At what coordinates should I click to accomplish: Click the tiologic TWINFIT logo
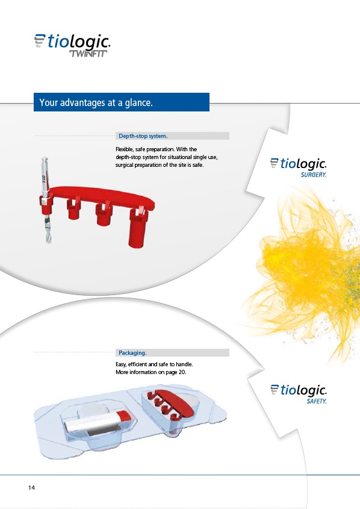(72, 45)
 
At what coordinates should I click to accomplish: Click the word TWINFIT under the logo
(88, 54)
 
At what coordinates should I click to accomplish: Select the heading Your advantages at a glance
(96, 102)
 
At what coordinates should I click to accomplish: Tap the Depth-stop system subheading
(143, 136)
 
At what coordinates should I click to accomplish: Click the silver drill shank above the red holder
(45, 175)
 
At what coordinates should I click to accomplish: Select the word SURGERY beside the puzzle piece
(313, 175)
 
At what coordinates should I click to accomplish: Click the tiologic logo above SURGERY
(299, 164)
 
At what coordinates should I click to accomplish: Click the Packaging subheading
(132, 353)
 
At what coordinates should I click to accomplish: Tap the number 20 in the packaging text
(182, 372)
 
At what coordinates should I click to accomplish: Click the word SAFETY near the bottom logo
(317, 401)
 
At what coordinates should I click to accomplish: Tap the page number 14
(31, 487)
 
